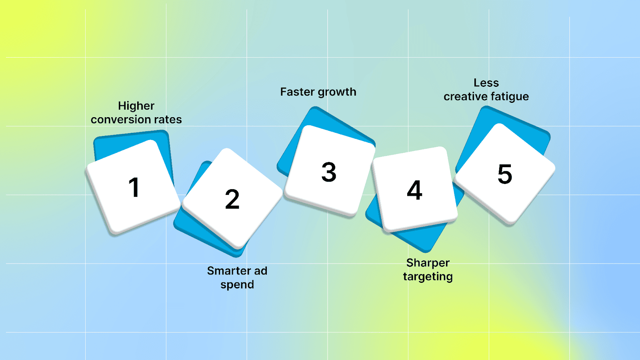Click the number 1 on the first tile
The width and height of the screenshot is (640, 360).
134,187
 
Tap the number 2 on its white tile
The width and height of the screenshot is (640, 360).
232,199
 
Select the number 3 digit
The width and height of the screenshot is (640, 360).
329,172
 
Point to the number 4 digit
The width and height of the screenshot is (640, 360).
415,190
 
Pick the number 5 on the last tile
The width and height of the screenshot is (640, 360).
505,174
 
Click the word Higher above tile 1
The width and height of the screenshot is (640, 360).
136,106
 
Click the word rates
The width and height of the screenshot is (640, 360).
168,120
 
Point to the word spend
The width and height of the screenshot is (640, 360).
237,285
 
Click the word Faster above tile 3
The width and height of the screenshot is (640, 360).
297,92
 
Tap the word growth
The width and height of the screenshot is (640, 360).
337,92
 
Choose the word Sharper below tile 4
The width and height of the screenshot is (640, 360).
428,263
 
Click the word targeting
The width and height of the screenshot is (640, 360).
428,277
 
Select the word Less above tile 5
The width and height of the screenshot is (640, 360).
486,83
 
